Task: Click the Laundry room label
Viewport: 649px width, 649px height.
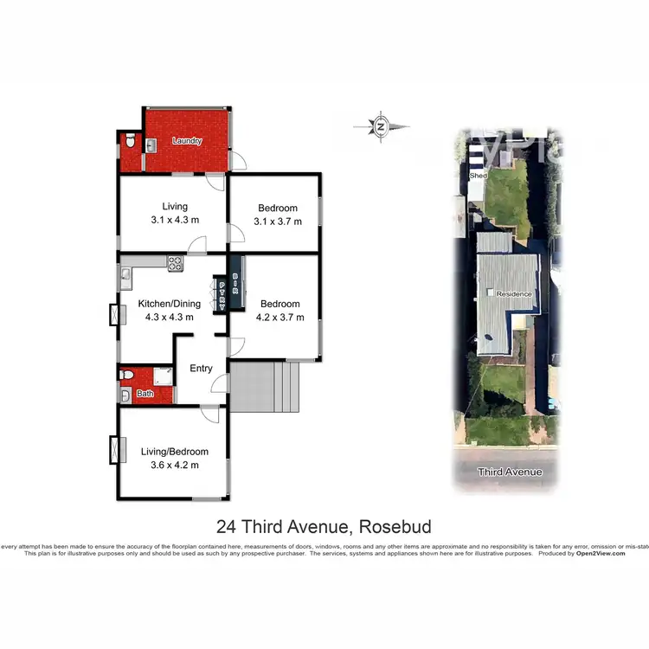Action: coord(186,141)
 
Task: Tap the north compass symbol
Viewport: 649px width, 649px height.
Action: coord(381,126)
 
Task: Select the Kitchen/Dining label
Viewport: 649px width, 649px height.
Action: coord(170,304)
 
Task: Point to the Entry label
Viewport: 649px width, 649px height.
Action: coord(201,369)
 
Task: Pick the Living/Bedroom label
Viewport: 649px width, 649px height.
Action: coord(175,452)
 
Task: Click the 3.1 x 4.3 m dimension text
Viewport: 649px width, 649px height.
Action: coord(175,220)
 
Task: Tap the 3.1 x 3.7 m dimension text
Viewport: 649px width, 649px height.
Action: coord(278,222)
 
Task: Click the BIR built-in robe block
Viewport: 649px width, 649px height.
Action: coord(235,279)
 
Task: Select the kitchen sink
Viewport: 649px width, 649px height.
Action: coord(126,277)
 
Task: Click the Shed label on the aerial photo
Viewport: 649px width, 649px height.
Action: coord(478,175)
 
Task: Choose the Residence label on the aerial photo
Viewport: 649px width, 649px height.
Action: coord(514,294)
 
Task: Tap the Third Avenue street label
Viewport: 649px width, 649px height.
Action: coord(511,472)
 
